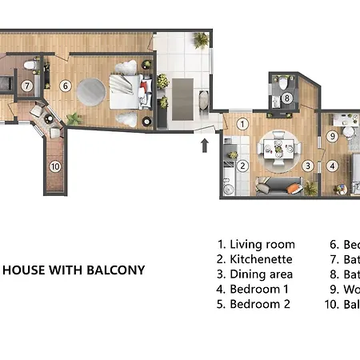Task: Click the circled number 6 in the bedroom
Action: click(x=66, y=86)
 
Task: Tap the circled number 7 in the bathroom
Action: click(x=26, y=86)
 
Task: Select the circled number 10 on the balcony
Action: click(x=55, y=166)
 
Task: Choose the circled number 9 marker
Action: click(x=332, y=136)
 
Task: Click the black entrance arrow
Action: click(x=205, y=145)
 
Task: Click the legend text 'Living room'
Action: click(x=262, y=244)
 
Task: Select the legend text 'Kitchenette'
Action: click(x=261, y=259)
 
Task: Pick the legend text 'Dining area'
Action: click(x=261, y=274)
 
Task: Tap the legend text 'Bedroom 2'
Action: click(x=259, y=304)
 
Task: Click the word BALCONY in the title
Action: click(x=116, y=270)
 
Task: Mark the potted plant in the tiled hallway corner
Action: click(x=202, y=39)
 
